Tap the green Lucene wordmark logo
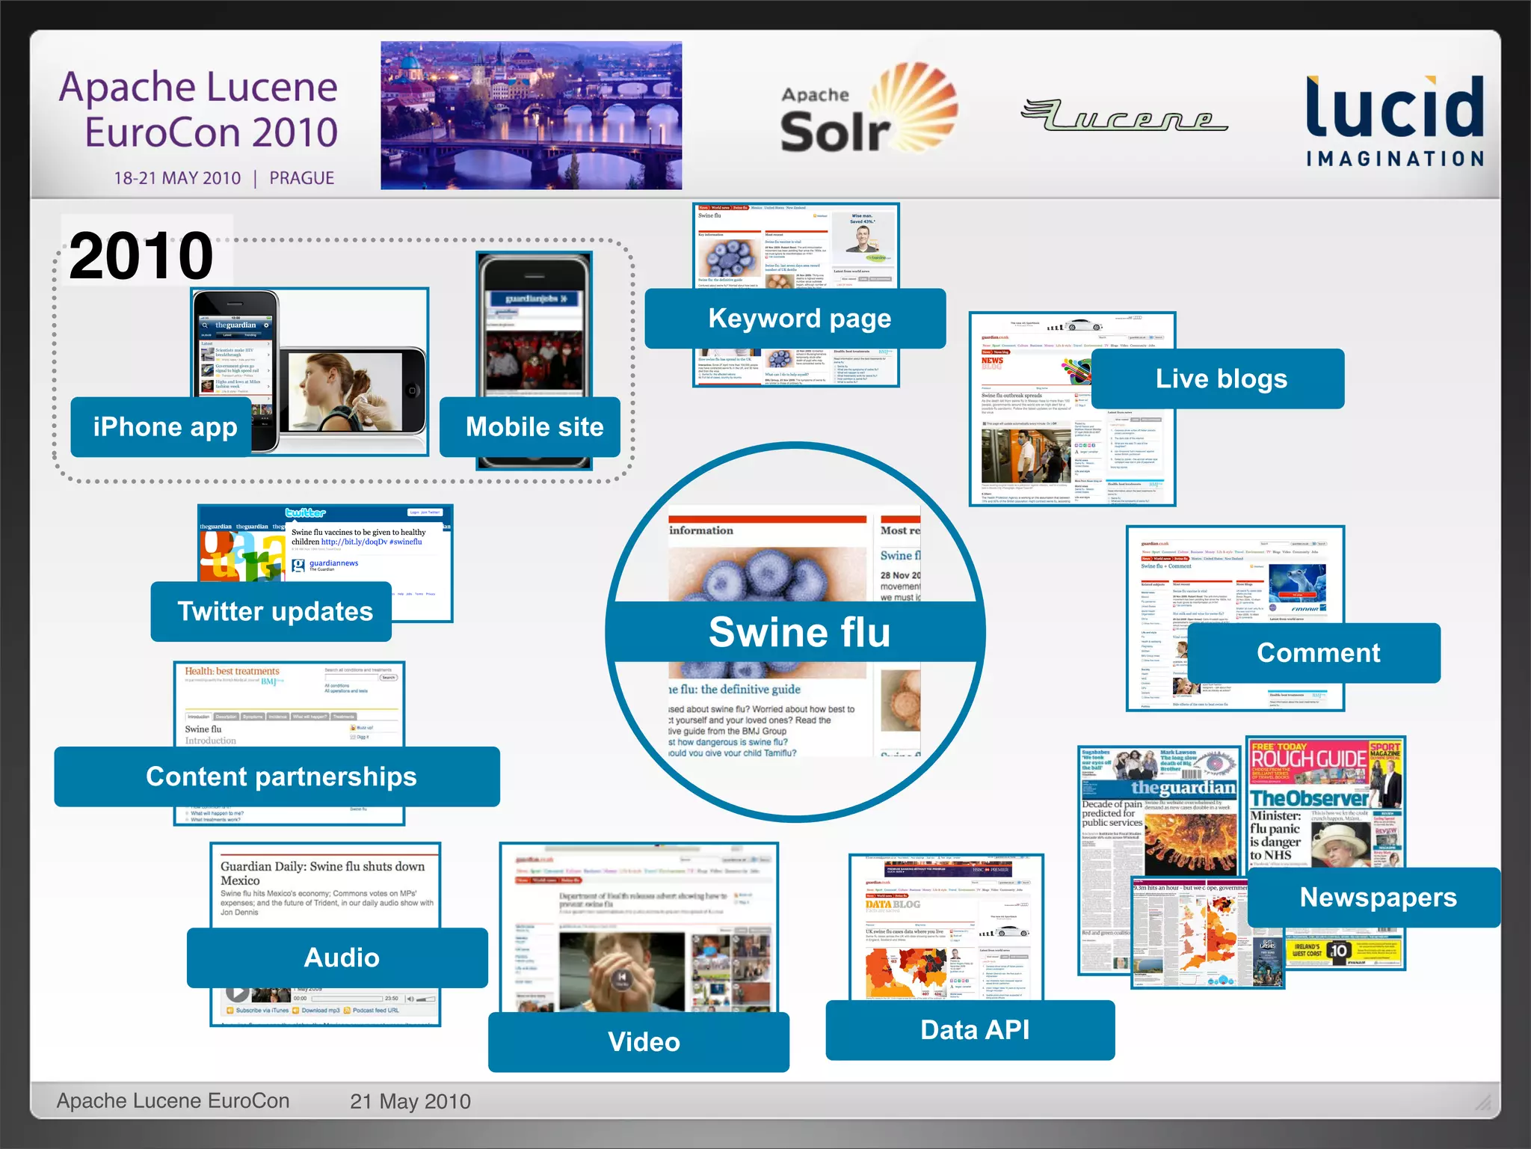click(x=1124, y=116)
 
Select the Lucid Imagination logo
click(x=1394, y=120)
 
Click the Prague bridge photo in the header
click(x=531, y=115)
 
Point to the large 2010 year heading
click(x=141, y=256)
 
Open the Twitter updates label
click(x=273, y=611)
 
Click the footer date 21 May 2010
click(x=410, y=1101)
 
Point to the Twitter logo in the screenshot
click(x=305, y=513)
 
